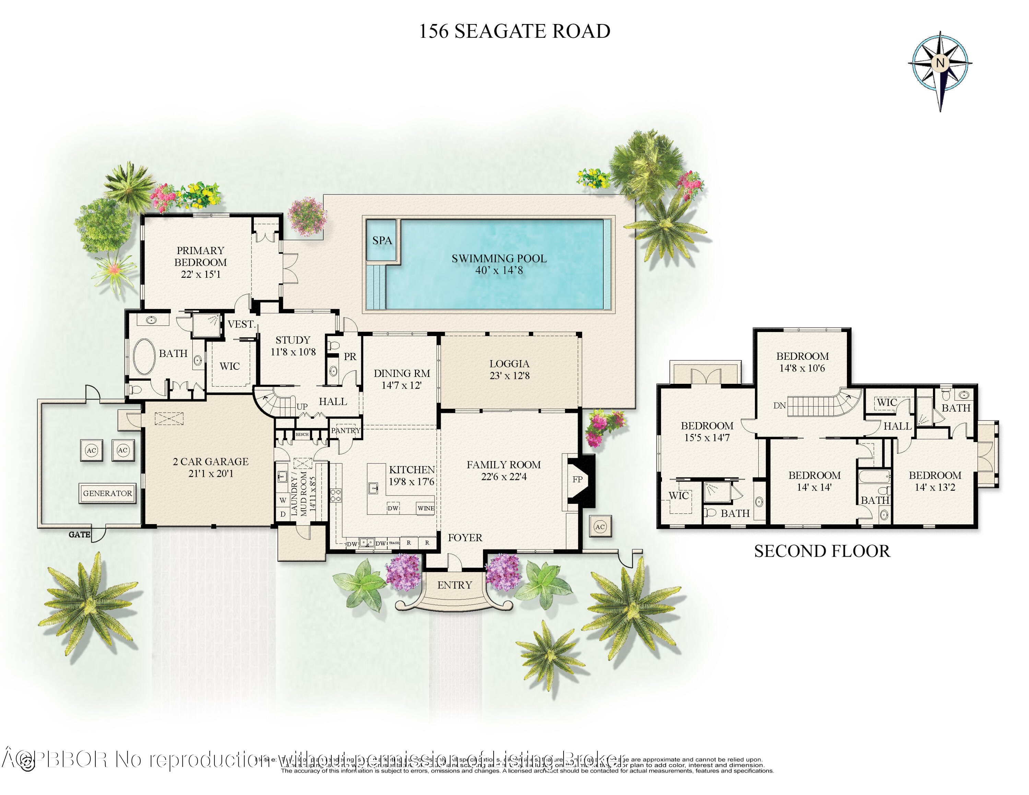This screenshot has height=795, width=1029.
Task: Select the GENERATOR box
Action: (x=107, y=493)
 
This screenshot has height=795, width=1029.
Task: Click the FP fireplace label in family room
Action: (x=577, y=479)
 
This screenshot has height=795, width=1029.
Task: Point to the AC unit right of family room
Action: (x=600, y=526)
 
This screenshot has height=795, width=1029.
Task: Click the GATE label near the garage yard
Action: (x=79, y=535)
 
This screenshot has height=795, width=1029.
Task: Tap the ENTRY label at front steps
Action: (x=454, y=585)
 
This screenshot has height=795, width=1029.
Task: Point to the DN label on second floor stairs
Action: (x=779, y=405)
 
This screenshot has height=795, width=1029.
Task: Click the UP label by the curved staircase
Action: (x=302, y=406)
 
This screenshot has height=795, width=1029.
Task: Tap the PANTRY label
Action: (x=345, y=430)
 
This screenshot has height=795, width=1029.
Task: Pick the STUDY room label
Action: (x=293, y=340)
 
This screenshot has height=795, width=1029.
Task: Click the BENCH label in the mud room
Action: (x=302, y=434)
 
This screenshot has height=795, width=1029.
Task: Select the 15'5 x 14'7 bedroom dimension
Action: (x=707, y=438)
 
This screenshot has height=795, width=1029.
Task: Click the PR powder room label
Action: (x=350, y=357)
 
